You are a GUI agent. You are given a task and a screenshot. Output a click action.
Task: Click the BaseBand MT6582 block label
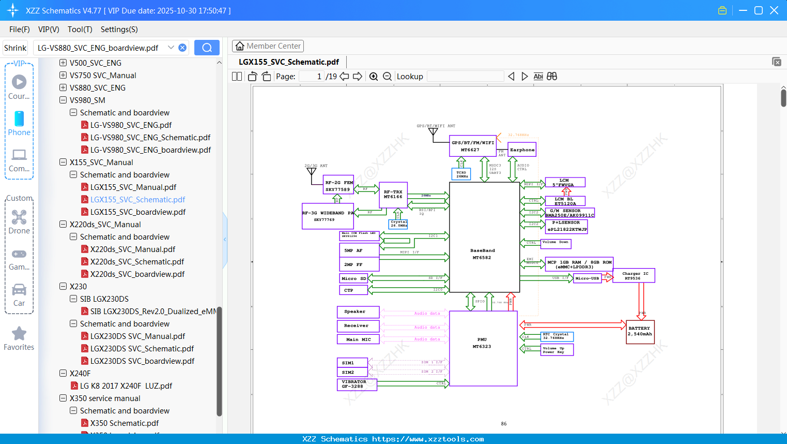482,254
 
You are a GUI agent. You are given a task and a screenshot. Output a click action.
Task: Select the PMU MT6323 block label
482,343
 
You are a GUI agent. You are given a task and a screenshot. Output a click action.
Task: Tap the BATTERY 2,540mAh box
640,332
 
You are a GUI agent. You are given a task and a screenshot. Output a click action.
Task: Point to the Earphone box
522,150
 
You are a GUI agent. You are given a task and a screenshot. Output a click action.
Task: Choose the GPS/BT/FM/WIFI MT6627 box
472,146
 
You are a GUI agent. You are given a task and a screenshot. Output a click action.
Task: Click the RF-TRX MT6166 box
393,195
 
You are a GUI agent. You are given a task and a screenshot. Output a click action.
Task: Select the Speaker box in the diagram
358,312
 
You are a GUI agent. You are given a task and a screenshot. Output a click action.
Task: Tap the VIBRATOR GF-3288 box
356,384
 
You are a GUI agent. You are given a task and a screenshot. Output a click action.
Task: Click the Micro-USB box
587,278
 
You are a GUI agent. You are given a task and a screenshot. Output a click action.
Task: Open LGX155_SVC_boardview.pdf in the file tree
137,212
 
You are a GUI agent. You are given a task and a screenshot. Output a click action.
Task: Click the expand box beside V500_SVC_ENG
63,63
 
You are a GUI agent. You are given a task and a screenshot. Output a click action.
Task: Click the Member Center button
268,46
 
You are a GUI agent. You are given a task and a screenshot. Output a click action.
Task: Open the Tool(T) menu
80,29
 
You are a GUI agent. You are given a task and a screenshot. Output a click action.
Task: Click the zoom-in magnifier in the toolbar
374,77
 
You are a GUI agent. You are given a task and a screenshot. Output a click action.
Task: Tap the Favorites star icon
19,334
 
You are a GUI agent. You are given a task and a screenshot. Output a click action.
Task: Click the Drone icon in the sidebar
19,217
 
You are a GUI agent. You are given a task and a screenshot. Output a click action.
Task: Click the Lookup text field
465,77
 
